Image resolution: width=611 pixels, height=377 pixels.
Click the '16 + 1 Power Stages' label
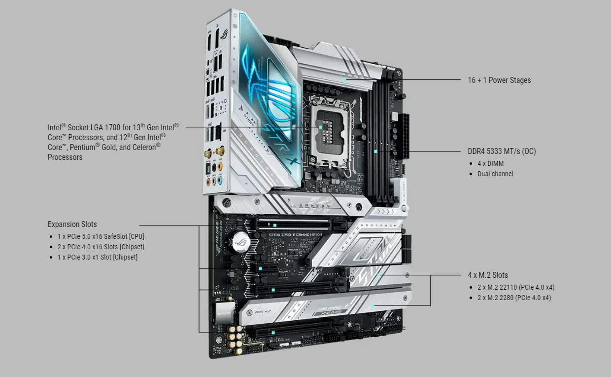tap(499, 80)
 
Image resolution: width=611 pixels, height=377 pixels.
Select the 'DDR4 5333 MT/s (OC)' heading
tap(502, 151)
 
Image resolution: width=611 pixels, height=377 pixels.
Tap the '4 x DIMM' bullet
tap(490, 163)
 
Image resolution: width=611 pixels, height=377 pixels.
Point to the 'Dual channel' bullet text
tap(495, 174)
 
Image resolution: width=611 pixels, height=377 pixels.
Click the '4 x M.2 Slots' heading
tap(488, 275)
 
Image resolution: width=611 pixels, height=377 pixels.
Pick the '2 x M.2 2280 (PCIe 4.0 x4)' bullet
tap(514, 298)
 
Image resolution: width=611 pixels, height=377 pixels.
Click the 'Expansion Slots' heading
tap(72, 224)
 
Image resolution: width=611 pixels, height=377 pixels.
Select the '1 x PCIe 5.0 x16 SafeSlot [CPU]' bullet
tap(101, 236)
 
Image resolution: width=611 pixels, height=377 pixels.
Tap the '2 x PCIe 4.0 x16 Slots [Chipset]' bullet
tap(101, 247)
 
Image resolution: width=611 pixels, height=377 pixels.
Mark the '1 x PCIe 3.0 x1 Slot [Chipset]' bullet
tap(97, 257)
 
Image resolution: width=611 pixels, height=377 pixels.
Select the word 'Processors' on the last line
tap(65, 157)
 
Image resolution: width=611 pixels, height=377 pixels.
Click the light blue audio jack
tap(220, 181)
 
